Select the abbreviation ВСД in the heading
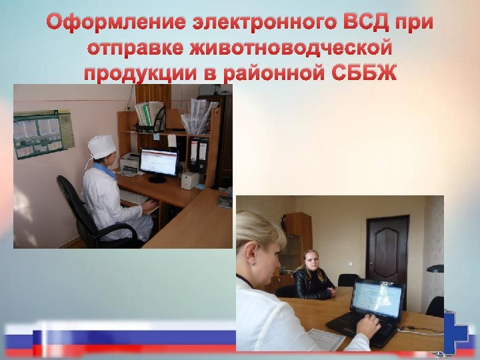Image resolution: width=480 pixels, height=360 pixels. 369,23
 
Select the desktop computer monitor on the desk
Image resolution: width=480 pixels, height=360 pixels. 159,163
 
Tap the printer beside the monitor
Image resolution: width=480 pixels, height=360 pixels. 131,162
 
